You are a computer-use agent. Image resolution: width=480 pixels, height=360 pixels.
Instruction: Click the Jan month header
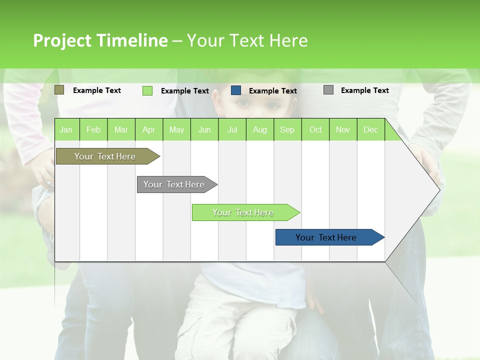pos(66,129)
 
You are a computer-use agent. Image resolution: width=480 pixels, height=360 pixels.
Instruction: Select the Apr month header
pos(148,129)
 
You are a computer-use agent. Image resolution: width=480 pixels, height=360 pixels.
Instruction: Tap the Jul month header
pos(232,129)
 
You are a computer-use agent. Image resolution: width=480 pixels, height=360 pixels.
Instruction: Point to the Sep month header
pos(287,129)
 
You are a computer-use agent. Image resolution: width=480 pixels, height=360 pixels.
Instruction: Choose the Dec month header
pos(370,129)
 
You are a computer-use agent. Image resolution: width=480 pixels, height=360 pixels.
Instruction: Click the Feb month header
pos(93,129)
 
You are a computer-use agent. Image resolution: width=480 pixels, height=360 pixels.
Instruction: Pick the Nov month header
pos(342,129)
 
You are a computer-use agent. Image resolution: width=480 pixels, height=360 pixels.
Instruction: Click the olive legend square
pos(59,90)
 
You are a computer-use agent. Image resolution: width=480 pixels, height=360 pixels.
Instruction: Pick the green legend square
pos(147,90)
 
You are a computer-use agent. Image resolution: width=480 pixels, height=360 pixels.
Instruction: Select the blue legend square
pos(236,90)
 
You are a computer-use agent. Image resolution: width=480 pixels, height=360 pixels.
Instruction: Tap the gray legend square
pos(328,90)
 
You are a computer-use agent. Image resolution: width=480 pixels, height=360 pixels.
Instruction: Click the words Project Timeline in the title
pos(100,40)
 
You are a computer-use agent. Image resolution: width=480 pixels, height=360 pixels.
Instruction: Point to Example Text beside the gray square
pos(364,90)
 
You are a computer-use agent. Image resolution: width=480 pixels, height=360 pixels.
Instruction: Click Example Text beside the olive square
pos(97,90)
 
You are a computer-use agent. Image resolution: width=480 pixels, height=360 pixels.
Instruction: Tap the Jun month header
pos(204,129)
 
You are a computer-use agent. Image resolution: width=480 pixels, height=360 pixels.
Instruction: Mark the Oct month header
pos(315,129)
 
